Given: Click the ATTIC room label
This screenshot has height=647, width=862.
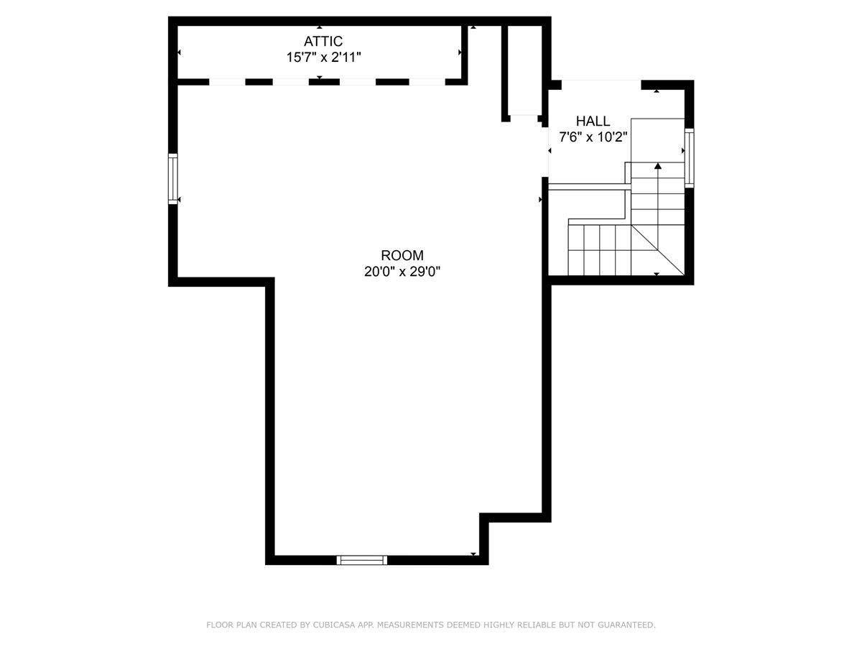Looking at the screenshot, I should (x=323, y=42).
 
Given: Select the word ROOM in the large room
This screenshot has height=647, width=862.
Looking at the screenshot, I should (x=402, y=255).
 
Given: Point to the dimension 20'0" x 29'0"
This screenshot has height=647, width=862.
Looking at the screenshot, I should (x=402, y=272).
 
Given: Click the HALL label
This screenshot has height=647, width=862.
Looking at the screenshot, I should (x=593, y=121).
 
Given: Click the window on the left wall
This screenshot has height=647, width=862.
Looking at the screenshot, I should (x=173, y=178).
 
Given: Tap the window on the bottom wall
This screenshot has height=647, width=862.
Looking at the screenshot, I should (x=362, y=560).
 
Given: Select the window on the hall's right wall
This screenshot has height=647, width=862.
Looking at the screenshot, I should (x=689, y=158).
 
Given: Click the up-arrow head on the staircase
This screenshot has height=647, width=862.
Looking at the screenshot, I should (x=657, y=166).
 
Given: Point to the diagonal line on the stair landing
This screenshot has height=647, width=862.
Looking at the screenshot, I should (x=657, y=249).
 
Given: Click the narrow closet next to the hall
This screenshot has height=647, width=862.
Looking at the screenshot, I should (x=524, y=70).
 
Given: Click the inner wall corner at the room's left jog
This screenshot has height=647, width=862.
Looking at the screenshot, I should (x=270, y=282).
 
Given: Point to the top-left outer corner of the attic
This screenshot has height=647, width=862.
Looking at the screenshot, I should (x=172, y=21).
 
